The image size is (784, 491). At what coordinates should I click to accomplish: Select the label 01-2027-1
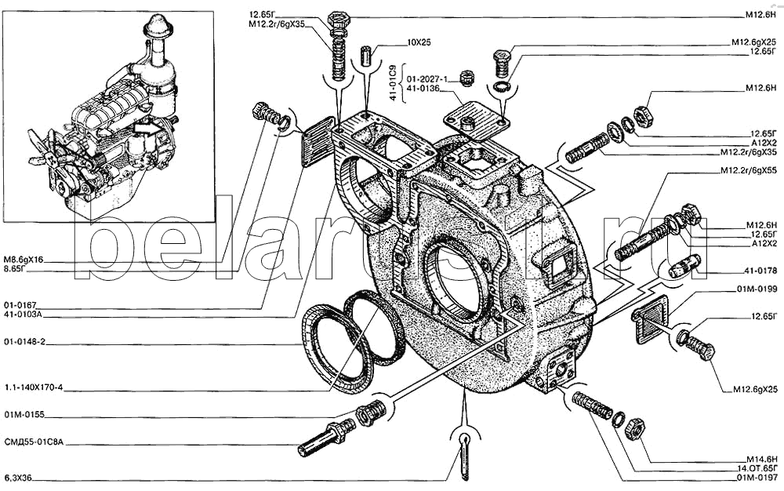[x=426, y=78]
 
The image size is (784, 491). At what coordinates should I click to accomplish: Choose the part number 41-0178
[x=760, y=271]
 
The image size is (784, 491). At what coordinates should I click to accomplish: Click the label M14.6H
[x=760, y=458]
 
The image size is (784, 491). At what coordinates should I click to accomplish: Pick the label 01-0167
[x=21, y=305]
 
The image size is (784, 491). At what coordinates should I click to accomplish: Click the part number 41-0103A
[x=24, y=315]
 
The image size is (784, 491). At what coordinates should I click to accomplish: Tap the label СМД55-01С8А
[x=32, y=442]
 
